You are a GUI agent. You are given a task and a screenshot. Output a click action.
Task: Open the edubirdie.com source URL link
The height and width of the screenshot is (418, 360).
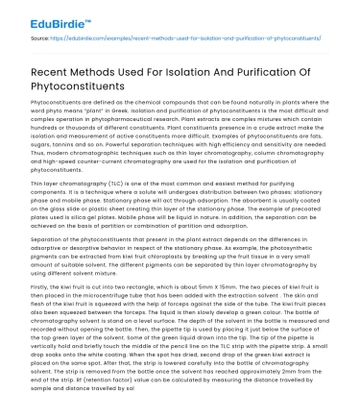pos(172,40)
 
